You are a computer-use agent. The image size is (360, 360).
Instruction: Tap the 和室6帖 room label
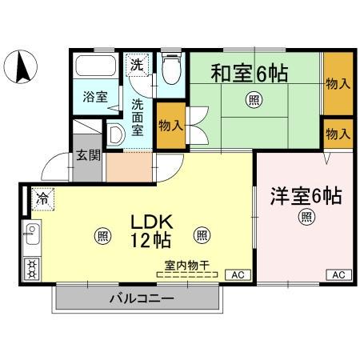point(249,73)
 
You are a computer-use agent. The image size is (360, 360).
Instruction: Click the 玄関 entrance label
point(89,155)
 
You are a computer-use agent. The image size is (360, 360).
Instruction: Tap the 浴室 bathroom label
point(95,97)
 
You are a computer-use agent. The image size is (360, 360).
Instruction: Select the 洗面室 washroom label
point(138,116)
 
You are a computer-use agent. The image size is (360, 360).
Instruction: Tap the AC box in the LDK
point(236,274)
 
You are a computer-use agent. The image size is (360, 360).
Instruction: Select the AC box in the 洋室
point(338,274)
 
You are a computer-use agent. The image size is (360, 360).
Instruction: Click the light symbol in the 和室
point(254,99)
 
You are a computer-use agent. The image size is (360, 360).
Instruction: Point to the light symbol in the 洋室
point(306,217)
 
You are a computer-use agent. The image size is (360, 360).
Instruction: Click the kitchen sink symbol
point(33,236)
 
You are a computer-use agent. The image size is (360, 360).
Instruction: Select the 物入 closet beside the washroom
point(170,125)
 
